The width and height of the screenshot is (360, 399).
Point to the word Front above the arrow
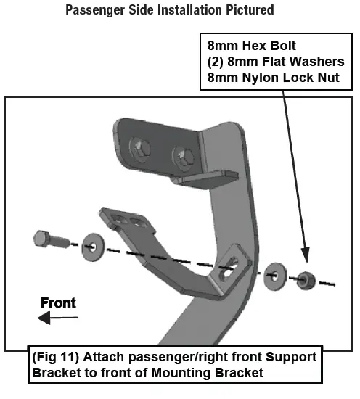tap(58, 303)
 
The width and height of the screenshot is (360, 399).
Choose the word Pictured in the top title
tap(248, 9)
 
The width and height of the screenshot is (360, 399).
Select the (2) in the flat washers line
tap(216, 61)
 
